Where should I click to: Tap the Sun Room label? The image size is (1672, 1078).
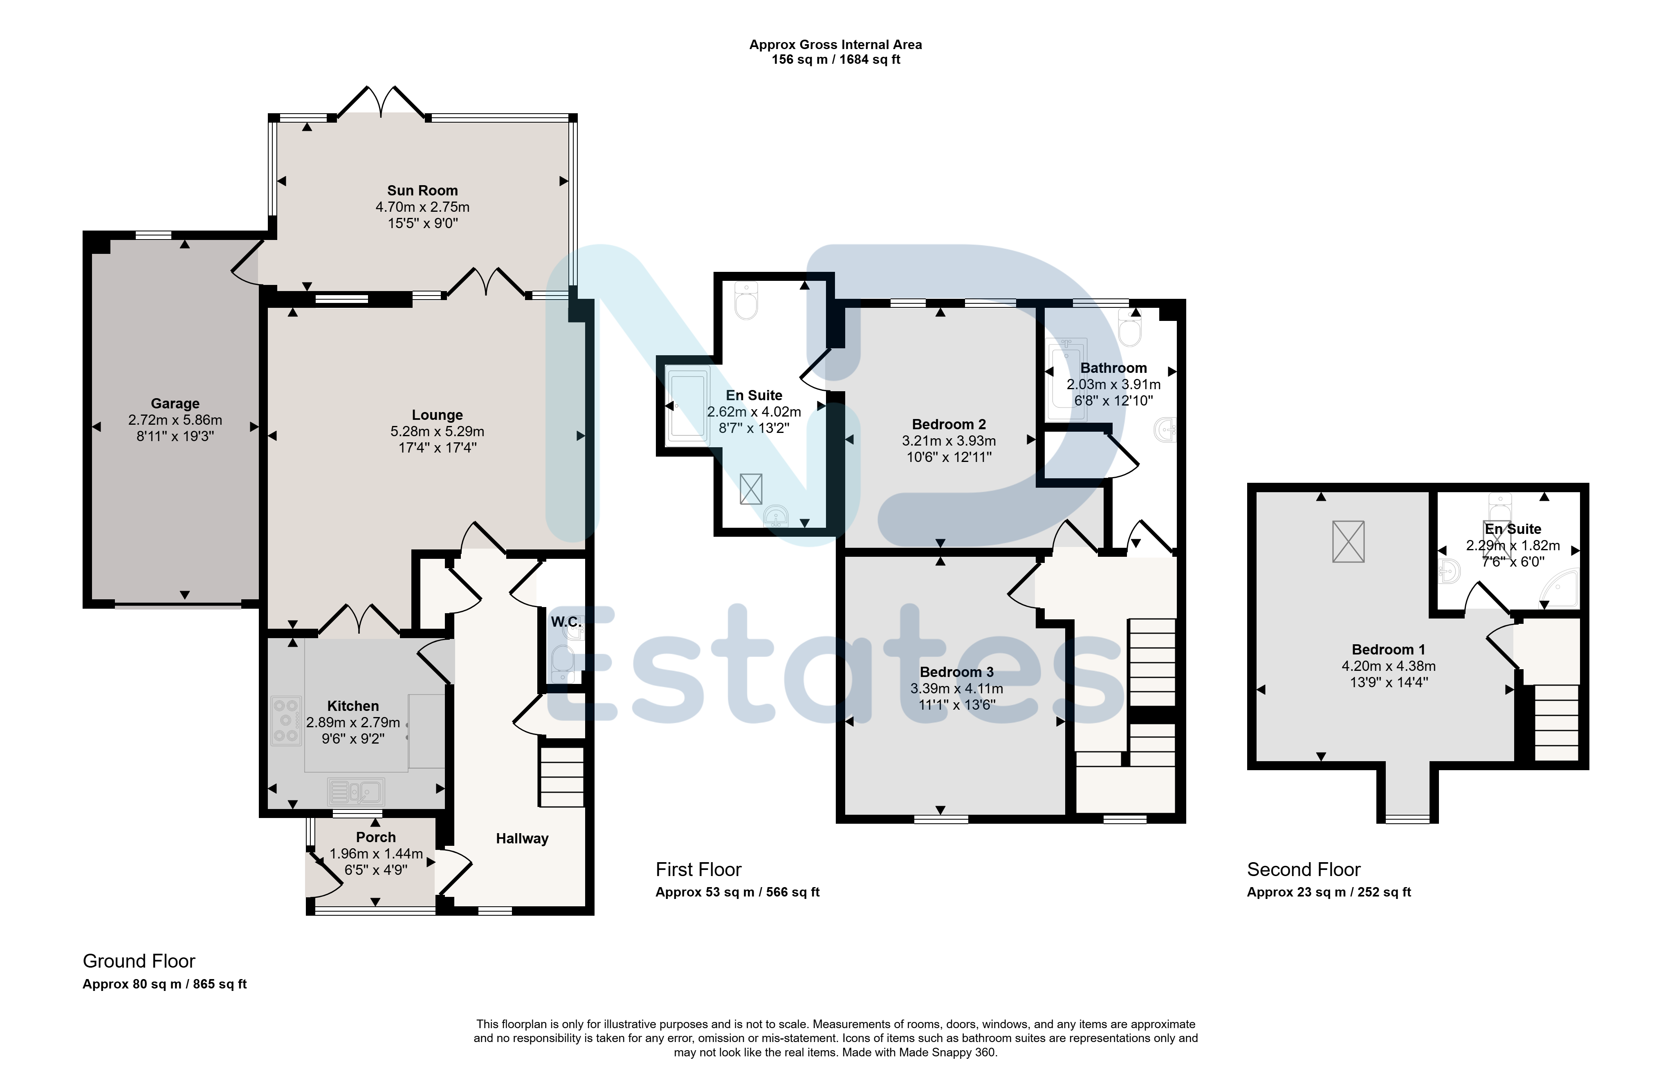click(422, 190)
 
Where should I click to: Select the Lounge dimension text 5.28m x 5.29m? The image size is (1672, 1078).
click(438, 431)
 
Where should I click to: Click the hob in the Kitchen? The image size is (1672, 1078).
click(286, 720)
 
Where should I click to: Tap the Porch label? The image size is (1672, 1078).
click(376, 837)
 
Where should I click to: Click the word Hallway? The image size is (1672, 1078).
click(522, 838)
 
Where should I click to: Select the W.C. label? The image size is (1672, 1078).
click(566, 622)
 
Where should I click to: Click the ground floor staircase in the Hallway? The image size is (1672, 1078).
click(561, 777)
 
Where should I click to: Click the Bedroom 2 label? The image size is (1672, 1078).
click(949, 424)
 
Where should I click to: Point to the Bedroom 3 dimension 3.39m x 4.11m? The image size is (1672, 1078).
click(956, 689)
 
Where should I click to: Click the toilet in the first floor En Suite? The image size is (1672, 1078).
click(746, 300)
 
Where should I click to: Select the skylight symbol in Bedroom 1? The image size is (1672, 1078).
click(1348, 541)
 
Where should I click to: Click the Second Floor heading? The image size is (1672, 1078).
click(1304, 870)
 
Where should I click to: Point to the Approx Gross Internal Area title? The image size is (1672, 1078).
click(835, 45)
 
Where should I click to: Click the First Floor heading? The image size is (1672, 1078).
click(698, 870)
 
